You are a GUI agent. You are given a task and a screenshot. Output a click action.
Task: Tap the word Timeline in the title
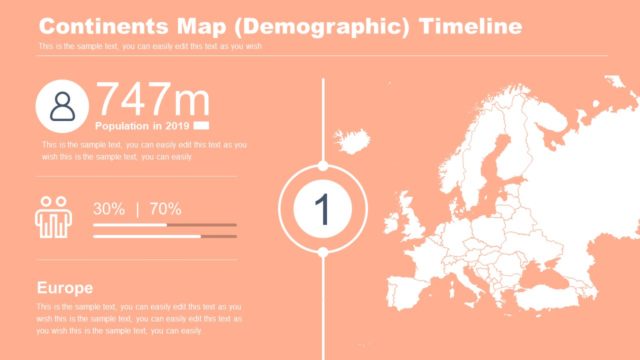tap(470, 25)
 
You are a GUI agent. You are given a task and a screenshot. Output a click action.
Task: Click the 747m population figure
tap(152, 101)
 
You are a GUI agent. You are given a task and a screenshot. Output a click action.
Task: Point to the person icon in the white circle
tap(62, 106)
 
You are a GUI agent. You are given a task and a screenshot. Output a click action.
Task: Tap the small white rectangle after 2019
tap(201, 126)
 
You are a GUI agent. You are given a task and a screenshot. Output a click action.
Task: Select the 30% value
tap(109, 209)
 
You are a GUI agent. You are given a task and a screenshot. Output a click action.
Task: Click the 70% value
tap(165, 209)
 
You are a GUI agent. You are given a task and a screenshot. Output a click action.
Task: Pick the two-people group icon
tap(53, 217)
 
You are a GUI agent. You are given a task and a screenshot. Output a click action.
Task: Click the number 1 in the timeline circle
tap(322, 209)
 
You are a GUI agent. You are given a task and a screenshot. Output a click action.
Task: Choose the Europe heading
tap(65, 287)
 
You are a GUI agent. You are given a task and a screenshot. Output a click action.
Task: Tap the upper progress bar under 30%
tap(164, 225)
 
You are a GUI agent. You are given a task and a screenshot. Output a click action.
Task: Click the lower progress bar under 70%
tap(164, 237)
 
